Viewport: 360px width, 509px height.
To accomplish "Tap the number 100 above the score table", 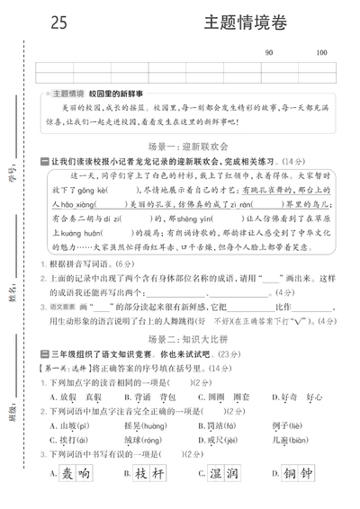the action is coord(321,54).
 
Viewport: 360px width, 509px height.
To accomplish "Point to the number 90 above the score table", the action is coord(269,54).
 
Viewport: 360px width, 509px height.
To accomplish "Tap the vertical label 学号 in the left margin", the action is coord(13,167).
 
